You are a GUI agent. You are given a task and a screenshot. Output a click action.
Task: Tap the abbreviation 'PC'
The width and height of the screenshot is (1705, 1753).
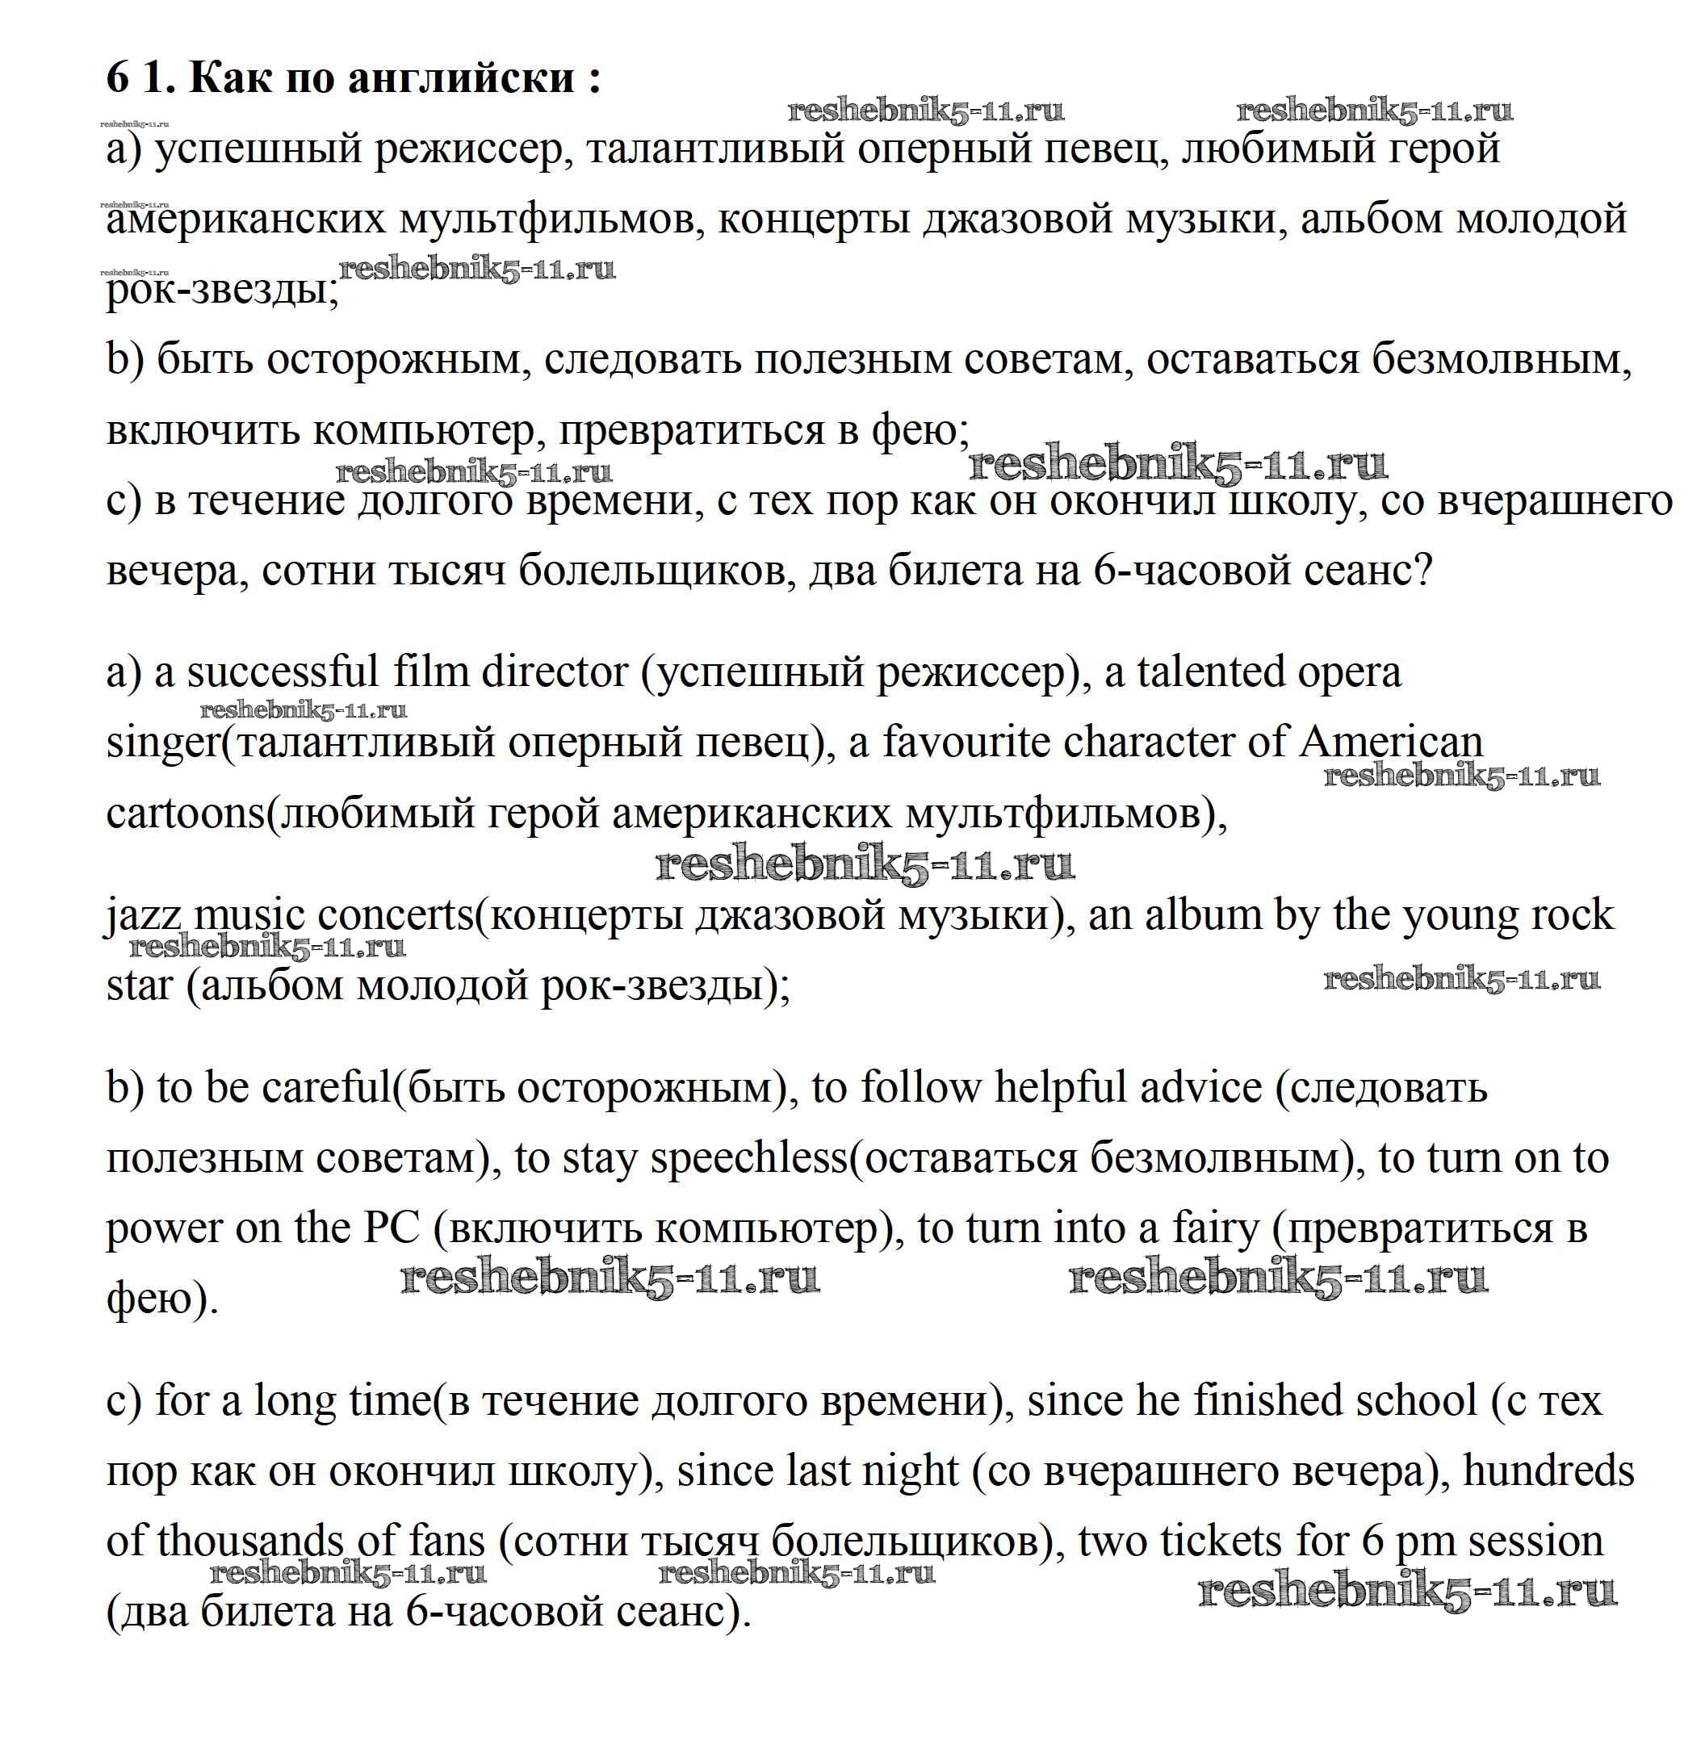392,1228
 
